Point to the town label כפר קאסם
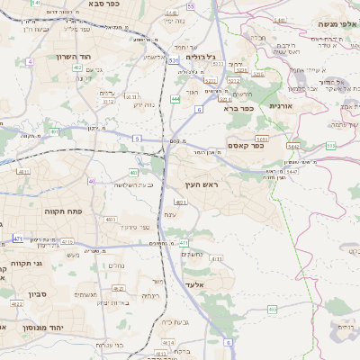coord(245,145)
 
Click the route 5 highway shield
coord(137,139)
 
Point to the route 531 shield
coord(172,61)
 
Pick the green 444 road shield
coord(174,99)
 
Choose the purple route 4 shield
coord(30,61)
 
